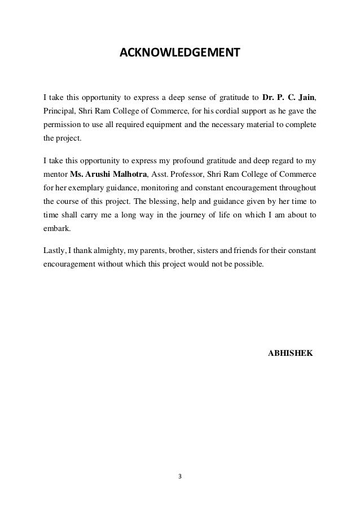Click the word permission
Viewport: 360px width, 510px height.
click(x=62, y=124)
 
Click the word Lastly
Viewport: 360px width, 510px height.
click(x=54, y=249)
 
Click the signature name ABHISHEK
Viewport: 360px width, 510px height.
click(x=291, y=352)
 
